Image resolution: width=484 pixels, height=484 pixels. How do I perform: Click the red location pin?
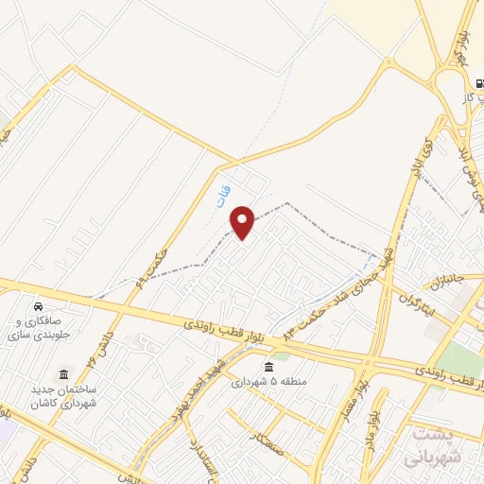244,222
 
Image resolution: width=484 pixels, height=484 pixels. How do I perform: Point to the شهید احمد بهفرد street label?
201,389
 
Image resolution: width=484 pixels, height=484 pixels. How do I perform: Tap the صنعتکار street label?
268,438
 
